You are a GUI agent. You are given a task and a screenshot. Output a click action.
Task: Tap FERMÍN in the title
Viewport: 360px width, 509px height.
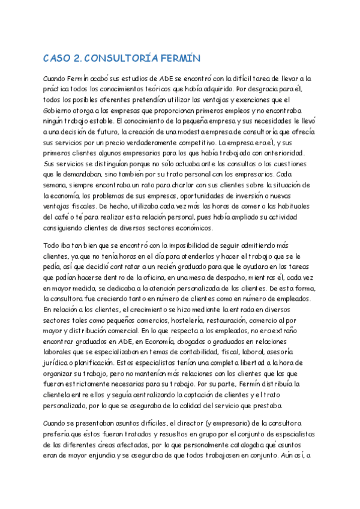click(178, 58)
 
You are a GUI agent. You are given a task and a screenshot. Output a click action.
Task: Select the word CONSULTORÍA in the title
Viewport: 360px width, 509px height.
click(122, 58)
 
